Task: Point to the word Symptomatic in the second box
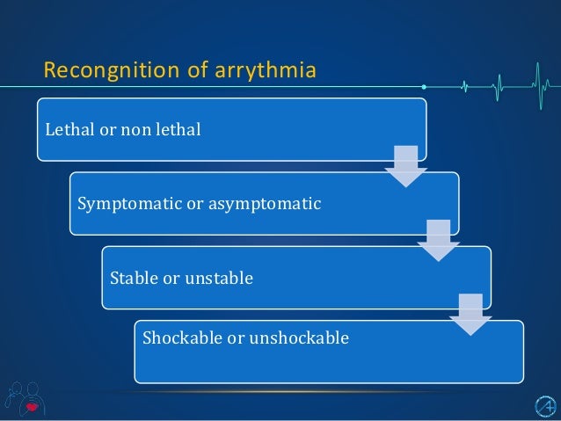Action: tap(120, 204)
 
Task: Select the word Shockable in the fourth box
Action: tap(178, 338)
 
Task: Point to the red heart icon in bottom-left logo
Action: tap(32, 406)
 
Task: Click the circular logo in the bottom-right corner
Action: tap(544, 404)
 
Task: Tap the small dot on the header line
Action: tap(423, 87)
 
